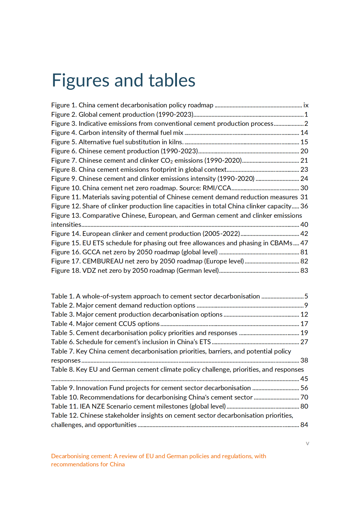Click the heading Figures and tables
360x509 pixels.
pos(123,80)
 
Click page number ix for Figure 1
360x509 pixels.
pos(306,105)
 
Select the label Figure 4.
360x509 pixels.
pos(64,133)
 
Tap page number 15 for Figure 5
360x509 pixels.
pos(304,142)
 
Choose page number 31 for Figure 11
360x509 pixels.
pos(304,197)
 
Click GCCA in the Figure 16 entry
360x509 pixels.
pos(91,252)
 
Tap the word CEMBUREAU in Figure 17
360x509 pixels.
pos(103,261)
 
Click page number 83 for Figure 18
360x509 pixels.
pos(304,271)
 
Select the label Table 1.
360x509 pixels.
pos(62,296)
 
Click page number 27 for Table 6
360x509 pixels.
pos(304,342)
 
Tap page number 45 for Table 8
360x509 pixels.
pos(304,379)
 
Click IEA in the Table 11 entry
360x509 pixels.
pos(85,406)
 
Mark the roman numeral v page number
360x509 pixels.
pos(307,443)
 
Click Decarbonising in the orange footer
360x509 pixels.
pos(70,456)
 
